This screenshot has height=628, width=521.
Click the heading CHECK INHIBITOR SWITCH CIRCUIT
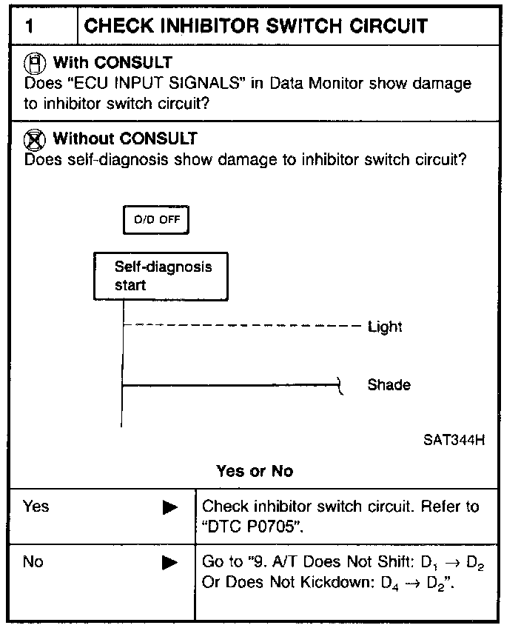click(x=256, y=27)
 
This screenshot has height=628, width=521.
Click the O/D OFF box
click(x=156, y=220)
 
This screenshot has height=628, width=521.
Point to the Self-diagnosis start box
click(x=161, y=275)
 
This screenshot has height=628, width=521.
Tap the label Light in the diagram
click(x=385, y=327)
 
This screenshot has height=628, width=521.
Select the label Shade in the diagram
click(x=389, y=385)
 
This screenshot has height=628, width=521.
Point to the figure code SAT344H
click(x=454, y=440)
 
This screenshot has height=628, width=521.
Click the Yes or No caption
click(x=255, y=472)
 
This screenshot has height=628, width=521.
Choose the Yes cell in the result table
click(x=36, y=507)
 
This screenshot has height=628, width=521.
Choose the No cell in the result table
click(x=33, y=562)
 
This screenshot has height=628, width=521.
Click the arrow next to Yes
click(x=170, y=508)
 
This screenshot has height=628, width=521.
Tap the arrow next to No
click(x=170, y=564)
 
